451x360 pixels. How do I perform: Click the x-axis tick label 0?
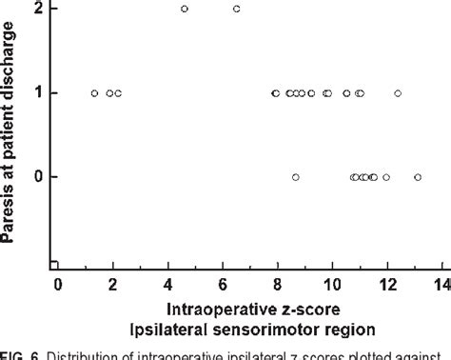click(57, 285)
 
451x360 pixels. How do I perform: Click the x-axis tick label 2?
click(112, 285)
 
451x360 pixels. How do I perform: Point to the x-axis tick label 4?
click(168, 285)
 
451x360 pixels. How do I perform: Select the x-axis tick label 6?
click(224, 285)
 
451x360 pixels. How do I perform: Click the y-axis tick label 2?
click(36, 9)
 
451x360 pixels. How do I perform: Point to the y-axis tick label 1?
click(36, 92)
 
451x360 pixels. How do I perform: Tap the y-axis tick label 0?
click(36, 177)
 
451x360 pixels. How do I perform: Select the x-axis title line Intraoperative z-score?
click(248, 310)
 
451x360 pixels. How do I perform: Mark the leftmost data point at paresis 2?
click(185, 9)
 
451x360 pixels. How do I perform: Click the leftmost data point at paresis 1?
click(94, 93)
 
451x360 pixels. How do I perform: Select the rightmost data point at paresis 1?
click(398, 93)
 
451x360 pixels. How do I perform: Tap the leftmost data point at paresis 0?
click(296, 177)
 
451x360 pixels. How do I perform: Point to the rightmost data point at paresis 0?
click(418, 177)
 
